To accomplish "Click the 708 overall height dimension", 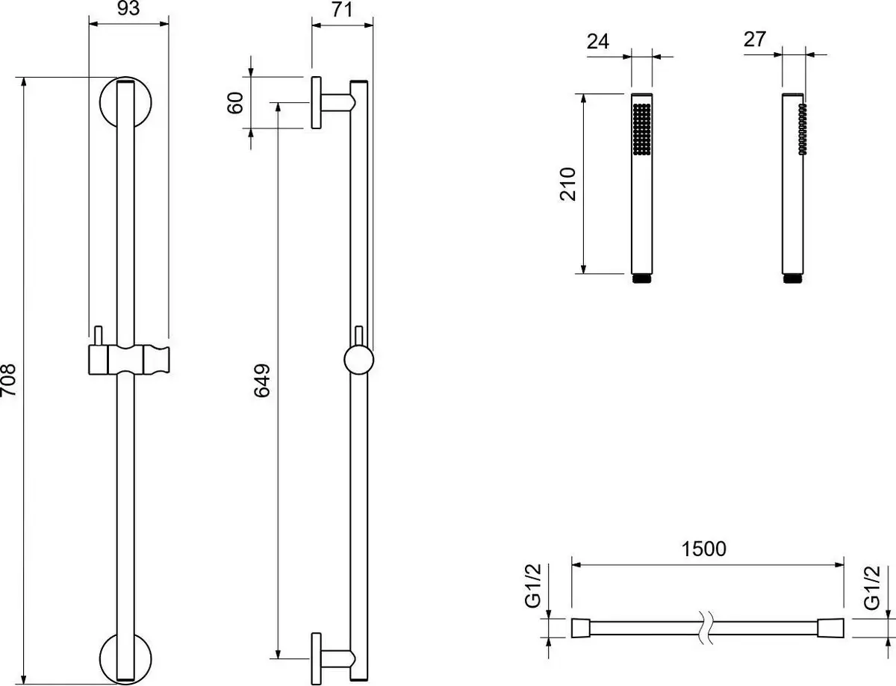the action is (x=8, y=380).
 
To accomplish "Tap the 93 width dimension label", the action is (x=128, y=8).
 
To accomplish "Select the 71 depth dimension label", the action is (x=342, y=10).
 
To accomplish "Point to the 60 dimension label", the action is (x=235, y=102).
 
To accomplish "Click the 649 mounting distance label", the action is (x=262, y=380).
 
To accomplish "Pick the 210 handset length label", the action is (x=567, y=184).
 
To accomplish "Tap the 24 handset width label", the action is (x=598, y=42).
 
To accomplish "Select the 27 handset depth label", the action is (x=755, y=40).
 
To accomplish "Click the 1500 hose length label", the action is (x=704, y=549).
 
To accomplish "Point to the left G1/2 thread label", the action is (x=532, y=586).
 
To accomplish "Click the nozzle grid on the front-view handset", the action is (x=641, y=129).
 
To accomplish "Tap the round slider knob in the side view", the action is (x=358, y=360).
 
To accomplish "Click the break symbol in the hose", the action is (x=706, y=628).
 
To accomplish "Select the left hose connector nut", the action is (x=581, y=628).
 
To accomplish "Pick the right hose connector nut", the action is (x=830, y=628).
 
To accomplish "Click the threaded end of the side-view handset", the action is (x=792, y=278).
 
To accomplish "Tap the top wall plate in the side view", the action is (x=317, y=102).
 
